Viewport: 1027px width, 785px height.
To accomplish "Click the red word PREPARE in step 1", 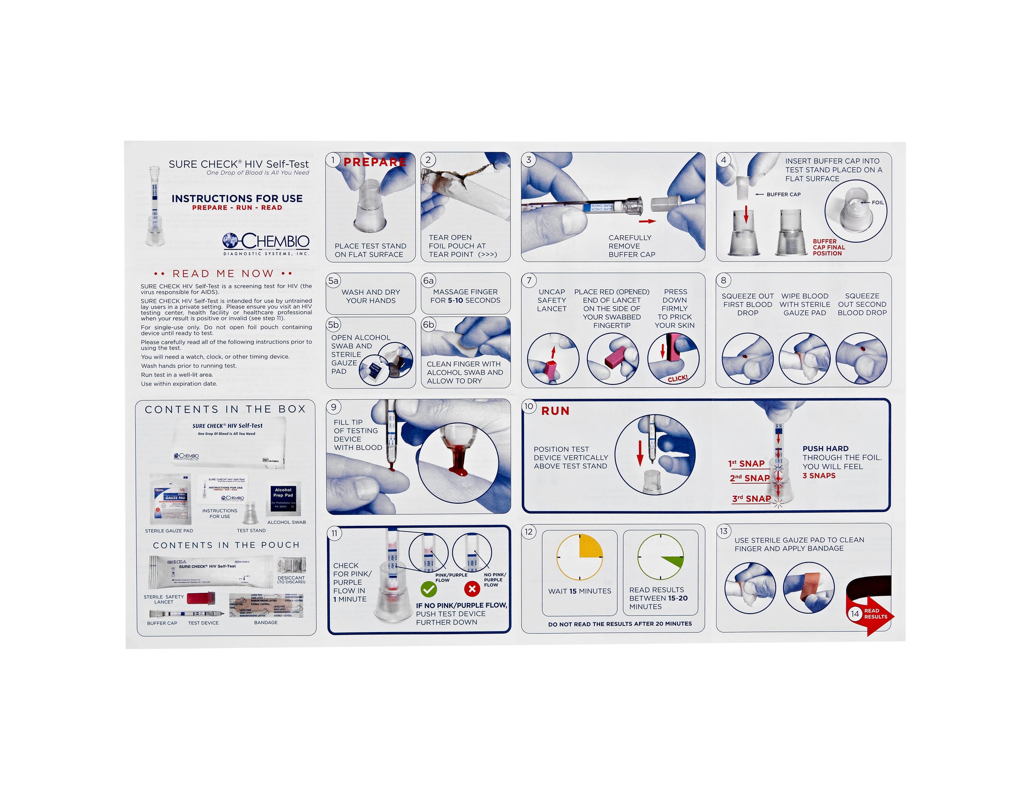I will [375, 162].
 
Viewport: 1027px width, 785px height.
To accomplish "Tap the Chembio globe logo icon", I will [231, 241].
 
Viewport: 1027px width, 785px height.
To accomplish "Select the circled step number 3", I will [529, 160].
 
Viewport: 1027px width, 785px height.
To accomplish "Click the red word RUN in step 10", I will [555, 411].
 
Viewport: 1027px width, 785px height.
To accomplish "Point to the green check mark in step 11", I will [428, 589].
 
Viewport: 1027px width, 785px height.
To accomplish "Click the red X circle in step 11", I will [472, 589].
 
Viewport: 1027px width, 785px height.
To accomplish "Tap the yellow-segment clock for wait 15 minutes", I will [580, 557].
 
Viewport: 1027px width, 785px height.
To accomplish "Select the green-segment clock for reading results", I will [660, 557].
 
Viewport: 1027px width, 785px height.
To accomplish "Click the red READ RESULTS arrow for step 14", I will [873, 614].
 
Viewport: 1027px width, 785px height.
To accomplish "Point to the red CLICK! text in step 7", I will [677, 378].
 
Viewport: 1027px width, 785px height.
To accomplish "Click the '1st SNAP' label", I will [747, 464].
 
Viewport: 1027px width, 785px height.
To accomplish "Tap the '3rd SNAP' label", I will [751, 499].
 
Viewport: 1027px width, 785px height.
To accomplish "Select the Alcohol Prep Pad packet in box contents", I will [283, 499].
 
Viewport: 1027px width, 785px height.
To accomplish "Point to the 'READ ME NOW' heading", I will [223, 274].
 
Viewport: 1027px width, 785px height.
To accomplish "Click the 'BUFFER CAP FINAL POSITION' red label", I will [828, 248].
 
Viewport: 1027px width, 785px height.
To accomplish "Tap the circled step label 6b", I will [429, 325].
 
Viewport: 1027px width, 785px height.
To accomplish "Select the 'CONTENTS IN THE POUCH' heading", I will [226, 545].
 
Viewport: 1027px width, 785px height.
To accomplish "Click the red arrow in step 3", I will [647, 221].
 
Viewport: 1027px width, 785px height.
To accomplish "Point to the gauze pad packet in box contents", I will [171, 499].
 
